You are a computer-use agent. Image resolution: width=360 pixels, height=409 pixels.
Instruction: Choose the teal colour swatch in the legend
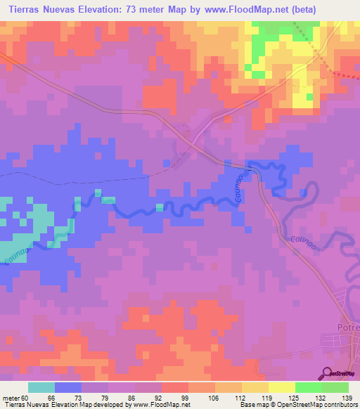pos(41,387)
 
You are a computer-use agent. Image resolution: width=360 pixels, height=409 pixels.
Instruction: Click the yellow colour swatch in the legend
pos(281,387)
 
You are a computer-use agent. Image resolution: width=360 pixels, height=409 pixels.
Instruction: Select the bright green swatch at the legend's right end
pos(335,387)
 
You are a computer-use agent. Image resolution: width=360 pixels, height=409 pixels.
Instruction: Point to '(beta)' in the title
pos(297,9)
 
